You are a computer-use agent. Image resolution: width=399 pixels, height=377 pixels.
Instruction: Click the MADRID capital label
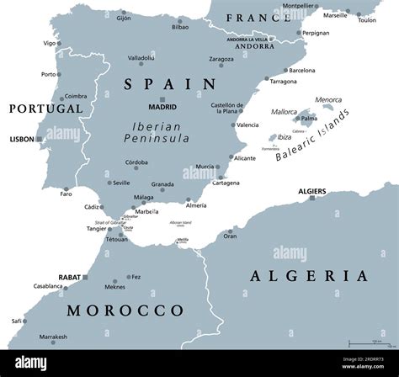click(162, 108)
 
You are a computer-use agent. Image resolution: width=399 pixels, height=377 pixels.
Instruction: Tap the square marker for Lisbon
click(40, 140)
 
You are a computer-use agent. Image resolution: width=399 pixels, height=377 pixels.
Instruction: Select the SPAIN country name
click(169, 83)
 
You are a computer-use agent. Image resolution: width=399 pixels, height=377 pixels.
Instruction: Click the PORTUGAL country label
click(45, 109)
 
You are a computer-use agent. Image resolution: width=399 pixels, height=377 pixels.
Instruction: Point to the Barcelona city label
click(302, 71)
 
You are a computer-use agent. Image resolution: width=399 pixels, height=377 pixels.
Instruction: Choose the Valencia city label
click(247, 125)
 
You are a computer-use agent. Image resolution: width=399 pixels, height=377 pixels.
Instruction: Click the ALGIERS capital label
click(312, 192)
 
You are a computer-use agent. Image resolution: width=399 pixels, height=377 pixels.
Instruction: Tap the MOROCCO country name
click(125, 310)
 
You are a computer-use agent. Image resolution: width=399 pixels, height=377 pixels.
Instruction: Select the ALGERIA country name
click(310, 275)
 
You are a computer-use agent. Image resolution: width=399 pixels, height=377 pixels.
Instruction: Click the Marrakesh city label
click(53, 337)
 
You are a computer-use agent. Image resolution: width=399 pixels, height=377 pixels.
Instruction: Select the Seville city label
click(121, 183)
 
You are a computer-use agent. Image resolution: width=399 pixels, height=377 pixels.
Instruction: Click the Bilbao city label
click(180, 27)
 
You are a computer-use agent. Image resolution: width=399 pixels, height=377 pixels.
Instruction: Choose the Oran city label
click(230, 236)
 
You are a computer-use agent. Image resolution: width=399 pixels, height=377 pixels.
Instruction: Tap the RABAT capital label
click(69, 276)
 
